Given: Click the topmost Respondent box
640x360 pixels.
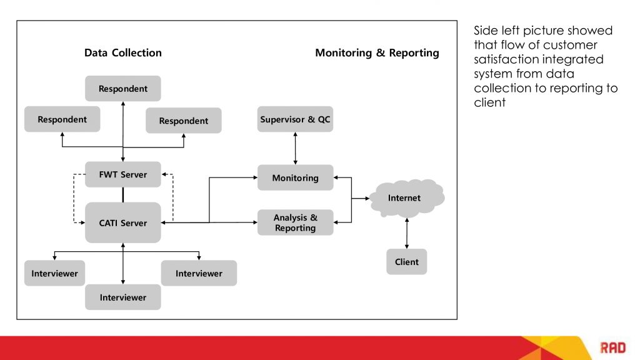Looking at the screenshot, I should click(123, 89).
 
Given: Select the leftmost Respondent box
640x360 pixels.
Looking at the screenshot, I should click(62, 119).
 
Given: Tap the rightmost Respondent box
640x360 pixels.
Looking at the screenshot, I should click(183, 121).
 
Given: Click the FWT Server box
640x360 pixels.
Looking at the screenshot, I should click(123, 174).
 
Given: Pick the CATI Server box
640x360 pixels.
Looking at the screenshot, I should click(123, 222).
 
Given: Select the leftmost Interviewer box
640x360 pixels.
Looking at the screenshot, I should click(54, 273).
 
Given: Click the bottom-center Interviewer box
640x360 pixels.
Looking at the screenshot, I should click(123, 297).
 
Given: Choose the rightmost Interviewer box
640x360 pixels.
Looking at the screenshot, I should click(199, 273).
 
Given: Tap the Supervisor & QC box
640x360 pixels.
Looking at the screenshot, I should click(295, 119).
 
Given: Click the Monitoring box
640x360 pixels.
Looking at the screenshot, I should click(295, 178).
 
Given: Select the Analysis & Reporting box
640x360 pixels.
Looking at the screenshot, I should click(295, 222).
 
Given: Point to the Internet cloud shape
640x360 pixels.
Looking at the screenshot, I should click(406, 198).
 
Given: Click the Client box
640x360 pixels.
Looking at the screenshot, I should click(406, 262).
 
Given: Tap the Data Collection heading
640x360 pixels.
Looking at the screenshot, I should click(123, 53).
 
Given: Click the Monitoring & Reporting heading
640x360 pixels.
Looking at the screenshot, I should click(377, 53).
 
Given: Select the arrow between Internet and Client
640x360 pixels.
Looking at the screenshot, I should click(407, 233).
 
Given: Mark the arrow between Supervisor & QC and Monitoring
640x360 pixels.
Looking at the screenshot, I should click(295, 148).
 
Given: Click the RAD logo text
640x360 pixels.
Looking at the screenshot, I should click(612, 347).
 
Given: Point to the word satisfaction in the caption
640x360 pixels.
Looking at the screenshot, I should click(507, 60).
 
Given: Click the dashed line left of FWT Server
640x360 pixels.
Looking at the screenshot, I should click(74, 197).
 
